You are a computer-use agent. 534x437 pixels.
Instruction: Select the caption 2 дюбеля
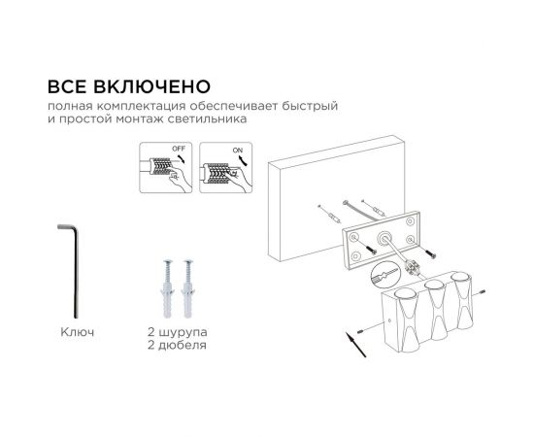pos(179,345)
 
